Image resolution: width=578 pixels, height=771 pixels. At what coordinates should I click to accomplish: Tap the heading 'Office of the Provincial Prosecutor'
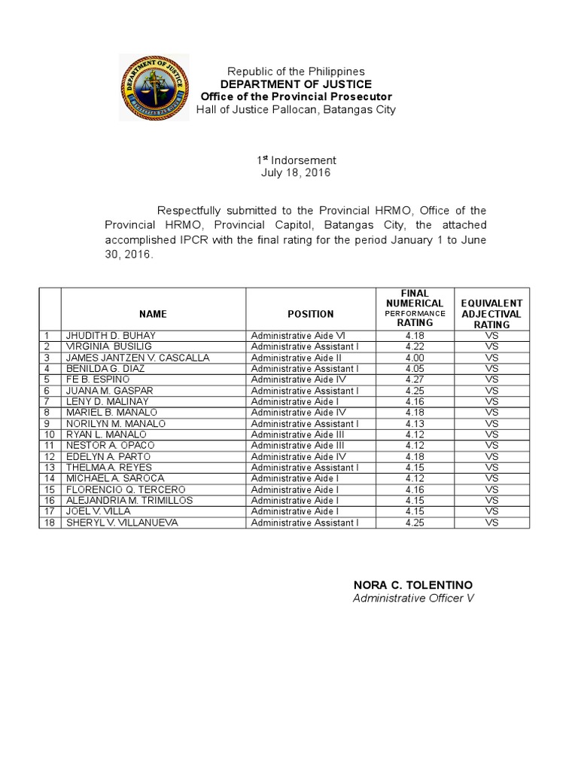coord(296,97)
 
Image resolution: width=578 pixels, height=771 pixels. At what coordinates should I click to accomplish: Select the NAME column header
coord(153,313)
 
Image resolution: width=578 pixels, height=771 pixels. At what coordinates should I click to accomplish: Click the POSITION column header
coord(310,313)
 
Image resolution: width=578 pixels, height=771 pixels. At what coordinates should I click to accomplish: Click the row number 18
coord(49,522)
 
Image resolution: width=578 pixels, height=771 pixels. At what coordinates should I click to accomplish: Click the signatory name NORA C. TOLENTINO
coord(413,585)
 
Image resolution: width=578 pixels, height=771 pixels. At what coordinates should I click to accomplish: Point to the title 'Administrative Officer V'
coord(414,598)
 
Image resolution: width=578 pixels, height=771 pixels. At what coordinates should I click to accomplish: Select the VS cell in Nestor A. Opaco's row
coord(491,446)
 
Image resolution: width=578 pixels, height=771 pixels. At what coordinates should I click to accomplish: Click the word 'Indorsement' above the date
coord(299,160)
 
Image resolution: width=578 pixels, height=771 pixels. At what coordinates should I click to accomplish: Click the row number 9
coord(49,423)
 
